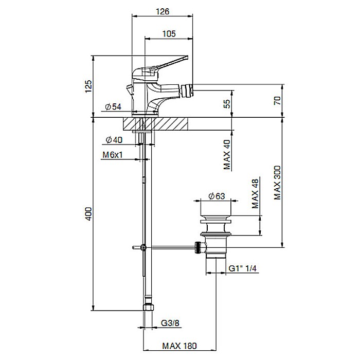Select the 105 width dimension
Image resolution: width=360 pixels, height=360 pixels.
point(170,33)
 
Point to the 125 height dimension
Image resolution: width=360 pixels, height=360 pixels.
point(88,85)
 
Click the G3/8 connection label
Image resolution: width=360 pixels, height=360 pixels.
point(169,323)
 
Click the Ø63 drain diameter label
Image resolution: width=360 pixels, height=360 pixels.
point(218,195)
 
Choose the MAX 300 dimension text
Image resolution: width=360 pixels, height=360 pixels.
point(278,183)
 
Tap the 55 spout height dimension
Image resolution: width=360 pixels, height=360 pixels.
point(227,104)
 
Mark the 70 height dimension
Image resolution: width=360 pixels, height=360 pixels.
point(278,100)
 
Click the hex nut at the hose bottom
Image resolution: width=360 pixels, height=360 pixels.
point(148,307)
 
